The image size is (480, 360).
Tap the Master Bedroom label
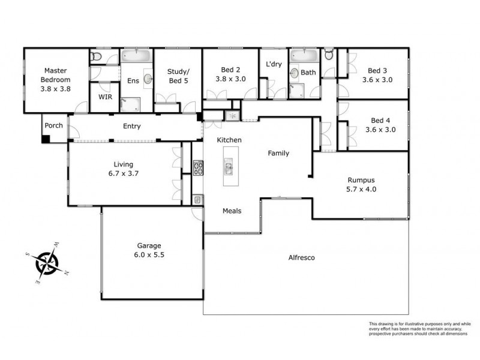pos(56,74)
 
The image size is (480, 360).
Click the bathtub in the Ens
pos(137,57)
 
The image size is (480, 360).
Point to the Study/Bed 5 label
pos(177,76)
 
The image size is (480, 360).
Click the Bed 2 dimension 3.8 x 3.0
pos(231,78)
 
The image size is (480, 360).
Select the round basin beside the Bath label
pos(294,73)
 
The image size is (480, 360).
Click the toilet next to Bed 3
pos(328,56)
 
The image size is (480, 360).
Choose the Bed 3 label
pos(377,70)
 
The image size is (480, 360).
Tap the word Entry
pos(131,126)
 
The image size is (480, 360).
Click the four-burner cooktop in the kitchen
pos(197,167)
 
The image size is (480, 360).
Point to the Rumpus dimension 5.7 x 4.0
pos(362,189)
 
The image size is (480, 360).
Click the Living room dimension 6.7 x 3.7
pos(124,173)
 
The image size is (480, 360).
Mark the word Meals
pos(232,211)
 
